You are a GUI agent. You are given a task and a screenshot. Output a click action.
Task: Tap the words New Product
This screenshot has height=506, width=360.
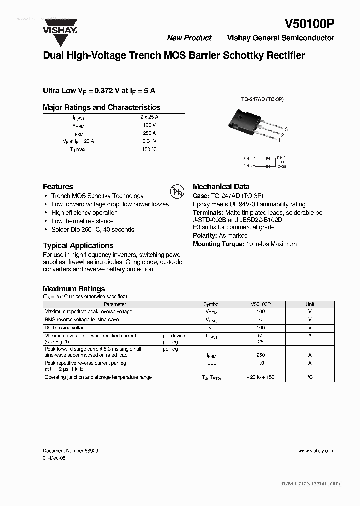click(x=189, y=38)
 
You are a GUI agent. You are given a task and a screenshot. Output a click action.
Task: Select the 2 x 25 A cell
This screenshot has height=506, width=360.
click(x=150, y=117)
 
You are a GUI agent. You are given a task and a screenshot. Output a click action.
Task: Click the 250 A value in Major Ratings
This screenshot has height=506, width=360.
click(x=150, y=133)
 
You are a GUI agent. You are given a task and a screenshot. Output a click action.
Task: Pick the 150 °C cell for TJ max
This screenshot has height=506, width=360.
click(x=150, y=150)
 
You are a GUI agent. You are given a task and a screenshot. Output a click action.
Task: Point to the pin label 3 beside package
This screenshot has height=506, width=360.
click(x=286, y=129)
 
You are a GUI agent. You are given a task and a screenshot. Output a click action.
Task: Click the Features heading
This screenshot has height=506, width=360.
click(x=58, y=186)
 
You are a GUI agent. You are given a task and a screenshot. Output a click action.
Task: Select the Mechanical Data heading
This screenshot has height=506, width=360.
click(x=221, y=186)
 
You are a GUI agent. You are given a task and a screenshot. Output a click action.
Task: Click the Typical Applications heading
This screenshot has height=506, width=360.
click(x=78, y=246)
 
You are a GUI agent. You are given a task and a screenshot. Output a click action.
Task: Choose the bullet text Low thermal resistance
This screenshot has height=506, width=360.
click(x=82, y=221)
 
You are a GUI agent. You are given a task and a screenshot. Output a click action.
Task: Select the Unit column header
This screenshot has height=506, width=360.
click(x=310, y=304)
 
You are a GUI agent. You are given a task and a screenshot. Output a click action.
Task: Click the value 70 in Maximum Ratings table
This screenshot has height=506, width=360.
click(x=260, y=320)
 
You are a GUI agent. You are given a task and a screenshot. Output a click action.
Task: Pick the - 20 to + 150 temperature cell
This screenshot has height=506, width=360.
click(x=260, y=378)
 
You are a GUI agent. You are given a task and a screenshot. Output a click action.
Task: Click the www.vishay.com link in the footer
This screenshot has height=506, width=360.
click(x=316, y=451)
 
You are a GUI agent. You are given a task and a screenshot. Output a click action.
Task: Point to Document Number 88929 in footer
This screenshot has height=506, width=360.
click(x=70, y=451)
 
